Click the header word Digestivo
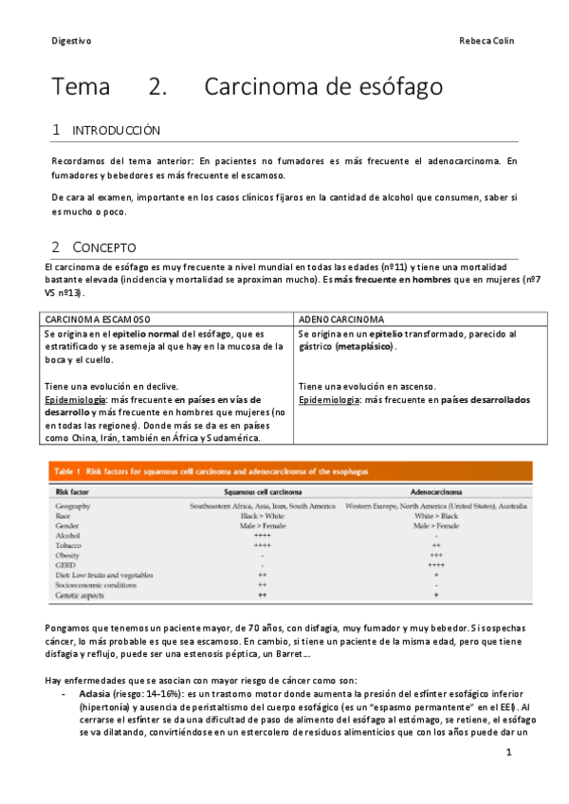(71, 41)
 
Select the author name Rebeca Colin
(486, 41)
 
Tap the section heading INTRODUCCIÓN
(117, 131)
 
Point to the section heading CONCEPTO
(104, 247)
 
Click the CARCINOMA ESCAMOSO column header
(98, 319)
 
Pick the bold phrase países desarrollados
(472, 400)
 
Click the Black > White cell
(263, 516)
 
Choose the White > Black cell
(435, 516)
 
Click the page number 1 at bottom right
(509, 753)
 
